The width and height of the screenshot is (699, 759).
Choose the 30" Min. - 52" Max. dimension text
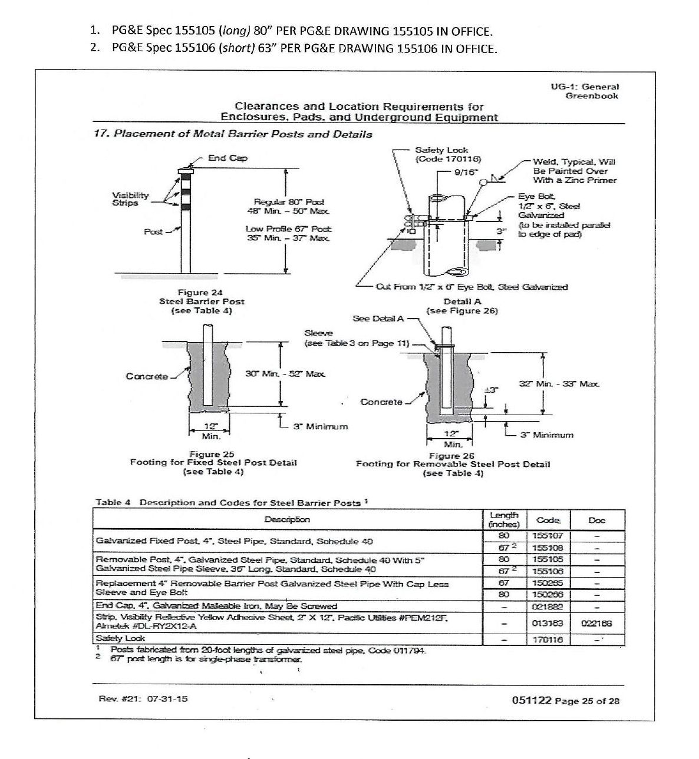(285, 373)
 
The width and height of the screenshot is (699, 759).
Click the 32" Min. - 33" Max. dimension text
(559, 383)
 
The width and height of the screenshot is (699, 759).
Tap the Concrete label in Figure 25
(147, 376)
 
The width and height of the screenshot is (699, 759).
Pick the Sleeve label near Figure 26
(318, 333)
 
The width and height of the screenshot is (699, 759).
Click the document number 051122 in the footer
(532, 700)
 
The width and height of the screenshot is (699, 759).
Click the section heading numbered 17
(233, 134)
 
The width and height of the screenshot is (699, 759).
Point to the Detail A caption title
(462, 301)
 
